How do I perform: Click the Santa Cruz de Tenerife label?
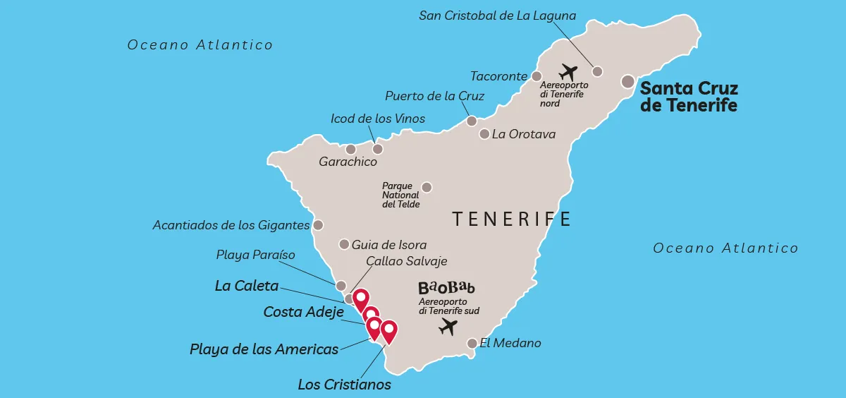click(688, 97)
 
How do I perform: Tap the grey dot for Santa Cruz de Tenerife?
click(627, 82)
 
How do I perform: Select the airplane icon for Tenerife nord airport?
click(568, 72)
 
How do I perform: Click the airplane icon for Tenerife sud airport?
click(448, 327)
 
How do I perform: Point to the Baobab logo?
click(446, 288)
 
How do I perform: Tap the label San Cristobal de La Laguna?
click(498, 16)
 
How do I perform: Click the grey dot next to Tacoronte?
click(537, 76)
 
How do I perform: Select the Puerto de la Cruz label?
click(434, 96)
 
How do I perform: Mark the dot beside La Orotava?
click(484, 133)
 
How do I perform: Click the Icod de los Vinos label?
click(378, 119)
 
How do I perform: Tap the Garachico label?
click(348, 162)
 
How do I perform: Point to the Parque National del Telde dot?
click(427, 187)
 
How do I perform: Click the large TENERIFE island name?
click(512, 219)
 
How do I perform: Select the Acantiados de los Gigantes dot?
click(318, 225)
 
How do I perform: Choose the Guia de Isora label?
click(389, 245)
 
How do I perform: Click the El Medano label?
click(510, 344)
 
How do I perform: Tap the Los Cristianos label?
click(344, 385)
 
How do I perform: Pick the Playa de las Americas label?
click(264, 349)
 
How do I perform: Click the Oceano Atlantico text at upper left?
click(200, 45)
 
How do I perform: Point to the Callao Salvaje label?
click(407, 261)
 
